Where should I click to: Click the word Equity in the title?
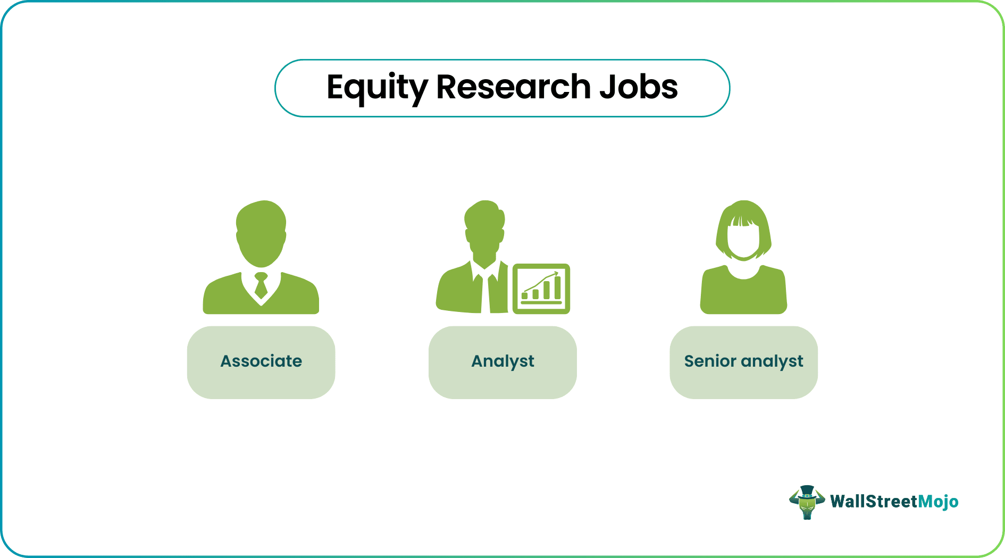pyautogui.click(x=376, y=88)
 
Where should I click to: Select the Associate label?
pyautogui.click(x=261, y=361)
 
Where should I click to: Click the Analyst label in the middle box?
pyautogui.click(x=502, y=361)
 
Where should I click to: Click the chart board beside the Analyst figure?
pyautogui.click(x=541, y=289)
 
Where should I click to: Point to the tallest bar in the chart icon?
pyautogui.click(x=557, y=288)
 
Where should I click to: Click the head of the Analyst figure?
pyautogui.click(x=484, y=229)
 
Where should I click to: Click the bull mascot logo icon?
pyautogui.click(x=807, y=502)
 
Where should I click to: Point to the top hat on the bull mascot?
pyautogui.click(x=807, y=491)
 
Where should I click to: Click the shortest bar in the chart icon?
pyautogui.click(x=525, y=295)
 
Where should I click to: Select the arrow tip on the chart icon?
pyautogui.click(x=557, y=273)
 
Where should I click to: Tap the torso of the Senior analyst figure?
pyautogui.click(x=743, y=295)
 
